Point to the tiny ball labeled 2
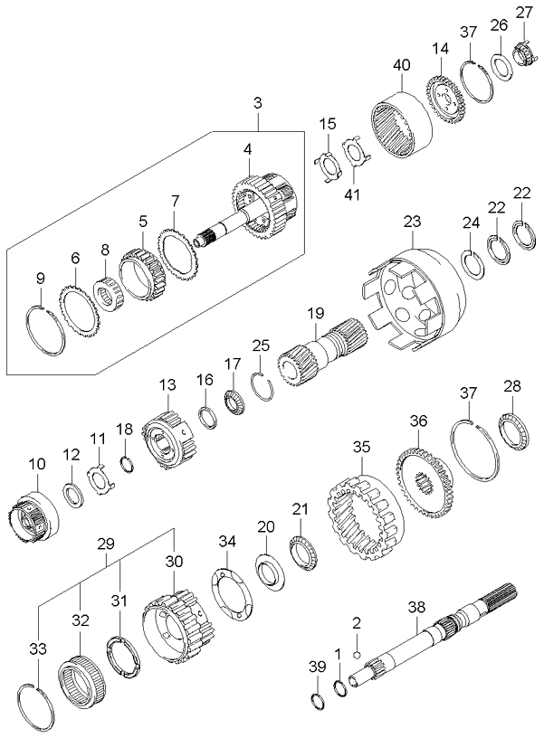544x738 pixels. click(x=358, y=655)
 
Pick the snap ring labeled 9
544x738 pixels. click(x=43, y=331)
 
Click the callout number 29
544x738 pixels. click(x=106, y=544)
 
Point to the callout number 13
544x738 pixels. click(x=166, y=384)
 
